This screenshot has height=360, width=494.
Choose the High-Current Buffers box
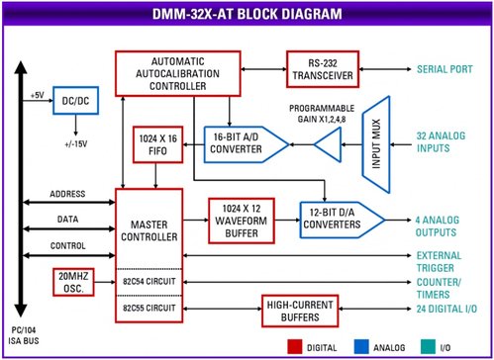307,312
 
